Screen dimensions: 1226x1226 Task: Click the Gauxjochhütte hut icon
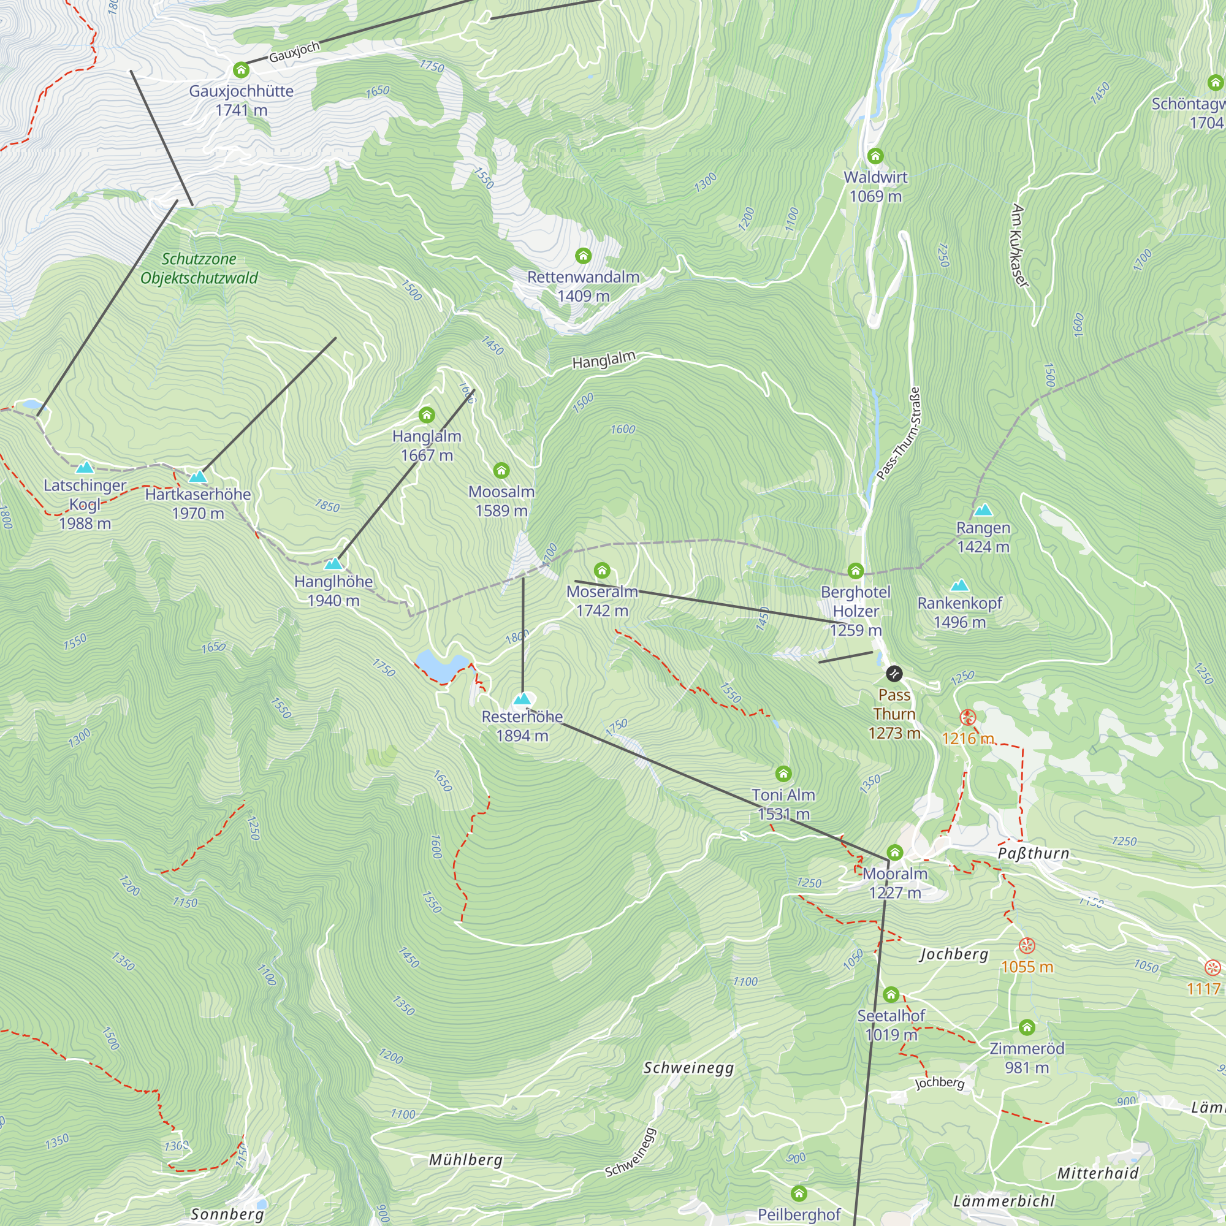click(x=240, y=69)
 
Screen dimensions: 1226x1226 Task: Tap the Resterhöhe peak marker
click(x=522, y=699)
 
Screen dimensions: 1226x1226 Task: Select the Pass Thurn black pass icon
click(x=894, y=672)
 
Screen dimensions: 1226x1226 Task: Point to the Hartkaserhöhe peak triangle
click(x=198, y=476)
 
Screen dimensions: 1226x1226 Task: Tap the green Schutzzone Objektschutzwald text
click(x=199, y=268)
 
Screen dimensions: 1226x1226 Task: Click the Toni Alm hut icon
click(x=783, y=773)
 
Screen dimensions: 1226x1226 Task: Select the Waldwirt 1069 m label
click(x=875, y=186)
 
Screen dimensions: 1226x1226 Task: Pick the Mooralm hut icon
click(x=894, y=851)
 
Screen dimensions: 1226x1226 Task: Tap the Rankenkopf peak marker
click(x=959, y=585)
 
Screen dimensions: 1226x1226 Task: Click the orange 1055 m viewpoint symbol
click(x=1027, y=945)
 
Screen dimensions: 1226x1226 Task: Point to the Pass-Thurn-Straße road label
click(x=898, y=433)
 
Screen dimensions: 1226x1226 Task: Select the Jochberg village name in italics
click(x=954, y=954)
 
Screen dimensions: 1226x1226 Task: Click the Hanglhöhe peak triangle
click(x=333, y=563)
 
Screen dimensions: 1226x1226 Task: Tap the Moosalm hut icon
click(x=501, y=470)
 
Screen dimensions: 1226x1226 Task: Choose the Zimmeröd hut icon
click(x=1027, y=1027)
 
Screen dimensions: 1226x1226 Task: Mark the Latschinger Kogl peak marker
click(x=85, y=468)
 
